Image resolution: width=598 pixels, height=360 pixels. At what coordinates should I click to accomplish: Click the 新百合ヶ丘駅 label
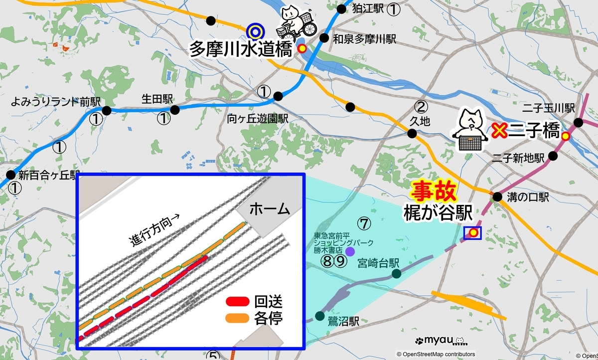pos(49,175)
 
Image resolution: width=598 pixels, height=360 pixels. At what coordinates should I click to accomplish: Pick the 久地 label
pos(420,121)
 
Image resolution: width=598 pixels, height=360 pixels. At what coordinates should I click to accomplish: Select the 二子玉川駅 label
pos(548,108)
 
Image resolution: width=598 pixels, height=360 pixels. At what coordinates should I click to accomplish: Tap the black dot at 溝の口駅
pos(497,197)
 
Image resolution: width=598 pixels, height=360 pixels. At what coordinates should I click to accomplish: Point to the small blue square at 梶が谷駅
pos(472,232)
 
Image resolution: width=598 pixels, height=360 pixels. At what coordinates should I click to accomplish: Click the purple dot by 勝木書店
pos(350,252)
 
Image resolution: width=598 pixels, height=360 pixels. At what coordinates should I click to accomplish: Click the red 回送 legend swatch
pos(237,301)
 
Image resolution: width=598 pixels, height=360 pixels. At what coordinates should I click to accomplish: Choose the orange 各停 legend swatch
pos(237,318)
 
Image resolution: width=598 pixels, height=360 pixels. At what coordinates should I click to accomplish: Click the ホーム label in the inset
pos(269,209)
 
